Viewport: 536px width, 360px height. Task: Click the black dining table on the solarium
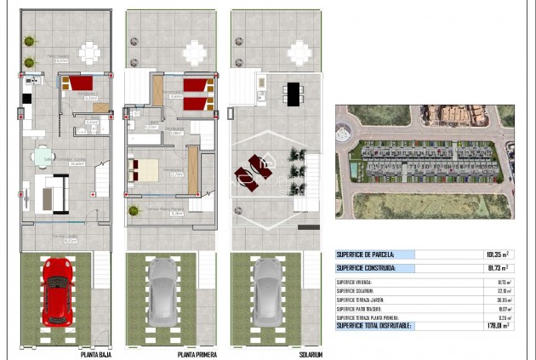point(294,93)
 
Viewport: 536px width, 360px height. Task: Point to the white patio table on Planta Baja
point(88,53)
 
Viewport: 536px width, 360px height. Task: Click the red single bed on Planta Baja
point(81,84)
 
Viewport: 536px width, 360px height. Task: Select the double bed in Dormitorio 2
point(144,168)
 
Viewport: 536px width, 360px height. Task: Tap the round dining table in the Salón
point(44,157)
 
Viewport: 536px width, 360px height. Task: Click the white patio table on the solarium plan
point(299,53)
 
